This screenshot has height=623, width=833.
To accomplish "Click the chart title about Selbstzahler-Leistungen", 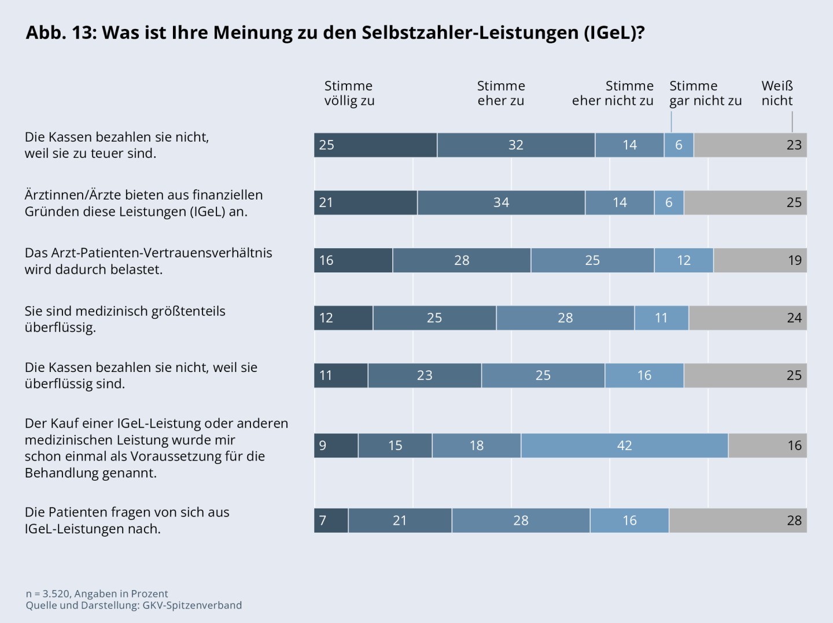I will tap(335, 32).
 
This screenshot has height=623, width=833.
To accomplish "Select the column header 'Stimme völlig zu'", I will tap(349, 93).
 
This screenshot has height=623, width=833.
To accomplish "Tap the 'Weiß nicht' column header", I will tap(777, 93).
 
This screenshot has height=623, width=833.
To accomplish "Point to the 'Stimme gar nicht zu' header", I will tap(705, 93).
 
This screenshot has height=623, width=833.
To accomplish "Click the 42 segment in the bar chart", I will tap(624, 445).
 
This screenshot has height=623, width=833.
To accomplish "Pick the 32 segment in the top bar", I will tap(516, 145).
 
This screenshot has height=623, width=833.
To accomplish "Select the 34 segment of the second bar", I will tap(501, 202).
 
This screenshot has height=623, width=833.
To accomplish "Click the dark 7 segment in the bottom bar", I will tap(331, 521).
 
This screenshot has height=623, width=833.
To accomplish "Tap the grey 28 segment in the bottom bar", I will tap(738, 521).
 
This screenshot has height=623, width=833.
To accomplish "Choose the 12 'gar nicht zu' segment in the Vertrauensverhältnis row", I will tap(684, 260).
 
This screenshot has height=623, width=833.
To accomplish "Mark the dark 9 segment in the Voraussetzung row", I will tap(336, 445).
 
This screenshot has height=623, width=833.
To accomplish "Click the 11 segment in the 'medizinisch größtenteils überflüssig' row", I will tap(661, 318).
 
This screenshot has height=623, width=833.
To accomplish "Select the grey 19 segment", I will tap(760, 260).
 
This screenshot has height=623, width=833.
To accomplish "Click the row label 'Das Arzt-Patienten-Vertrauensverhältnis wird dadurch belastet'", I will tap(148, 261).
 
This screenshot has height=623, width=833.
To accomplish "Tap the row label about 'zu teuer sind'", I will tap(117, 145).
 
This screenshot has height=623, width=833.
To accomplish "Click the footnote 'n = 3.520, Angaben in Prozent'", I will tap(97, 593).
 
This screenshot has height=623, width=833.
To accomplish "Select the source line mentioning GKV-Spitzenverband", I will tap(134, 605).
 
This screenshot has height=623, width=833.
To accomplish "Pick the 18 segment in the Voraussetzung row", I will tap(476, 445).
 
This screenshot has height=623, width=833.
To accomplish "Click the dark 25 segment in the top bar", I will tap(375, 145).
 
